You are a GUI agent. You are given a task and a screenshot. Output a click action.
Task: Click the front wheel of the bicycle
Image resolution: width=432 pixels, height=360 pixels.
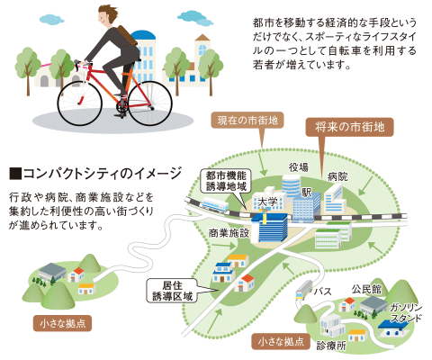click(80, 103)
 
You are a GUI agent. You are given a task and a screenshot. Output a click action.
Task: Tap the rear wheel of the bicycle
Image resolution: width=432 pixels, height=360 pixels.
click(150, 103)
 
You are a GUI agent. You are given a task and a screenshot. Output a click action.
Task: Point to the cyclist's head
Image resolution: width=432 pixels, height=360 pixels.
click(108, 16)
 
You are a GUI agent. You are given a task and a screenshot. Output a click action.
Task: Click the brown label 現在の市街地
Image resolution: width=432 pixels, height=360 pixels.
click(247, 121)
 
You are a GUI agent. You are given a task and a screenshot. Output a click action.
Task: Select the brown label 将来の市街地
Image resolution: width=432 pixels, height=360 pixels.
click(349, 127)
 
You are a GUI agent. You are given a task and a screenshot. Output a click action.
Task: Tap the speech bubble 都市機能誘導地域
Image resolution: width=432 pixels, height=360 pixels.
click(226, 181)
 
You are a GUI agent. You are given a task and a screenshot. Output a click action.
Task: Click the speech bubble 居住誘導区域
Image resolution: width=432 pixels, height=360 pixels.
click(173, 291)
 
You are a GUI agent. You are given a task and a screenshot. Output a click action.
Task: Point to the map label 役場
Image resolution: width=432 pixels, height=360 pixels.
click(299, 167)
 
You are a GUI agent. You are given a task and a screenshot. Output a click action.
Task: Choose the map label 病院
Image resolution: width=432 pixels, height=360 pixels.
click(337, 176)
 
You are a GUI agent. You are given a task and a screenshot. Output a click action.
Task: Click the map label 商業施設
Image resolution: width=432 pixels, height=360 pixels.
click(229, 233)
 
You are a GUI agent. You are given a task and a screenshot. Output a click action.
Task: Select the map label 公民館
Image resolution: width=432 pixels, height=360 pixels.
click(366, 289)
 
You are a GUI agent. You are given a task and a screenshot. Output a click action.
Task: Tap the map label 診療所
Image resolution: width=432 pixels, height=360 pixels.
click(331, 346)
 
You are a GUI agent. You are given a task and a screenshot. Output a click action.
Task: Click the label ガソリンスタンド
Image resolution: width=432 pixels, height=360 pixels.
click(406, 312)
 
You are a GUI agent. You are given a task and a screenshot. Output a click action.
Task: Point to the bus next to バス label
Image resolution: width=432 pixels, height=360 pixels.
click(304, 290)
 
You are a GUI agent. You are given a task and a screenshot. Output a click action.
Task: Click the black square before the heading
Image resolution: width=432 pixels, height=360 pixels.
click(15, 174)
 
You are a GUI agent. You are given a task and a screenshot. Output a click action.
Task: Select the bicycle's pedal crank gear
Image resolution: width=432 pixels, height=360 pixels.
click(122, 106)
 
